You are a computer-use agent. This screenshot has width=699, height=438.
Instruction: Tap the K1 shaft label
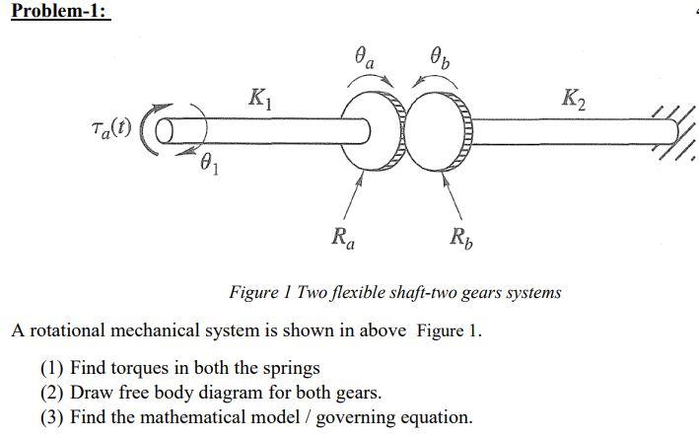258,99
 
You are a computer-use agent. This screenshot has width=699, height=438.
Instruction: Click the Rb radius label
459,238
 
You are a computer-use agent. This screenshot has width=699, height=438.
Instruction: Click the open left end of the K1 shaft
166,130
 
